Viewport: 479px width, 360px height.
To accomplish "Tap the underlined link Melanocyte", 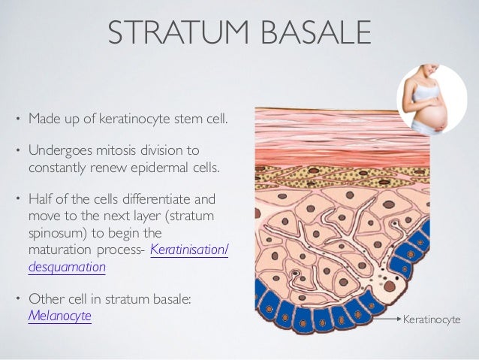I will pyautogui.click(x=59, y=316).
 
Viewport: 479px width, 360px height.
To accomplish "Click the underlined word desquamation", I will pyautogui.click(x=67, y=266).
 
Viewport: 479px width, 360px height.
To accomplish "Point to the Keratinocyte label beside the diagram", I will pyautogui.click(x=432, y=320).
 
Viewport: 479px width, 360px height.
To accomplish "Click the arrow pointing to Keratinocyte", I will pyautogui.click(x=387, y=320).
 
